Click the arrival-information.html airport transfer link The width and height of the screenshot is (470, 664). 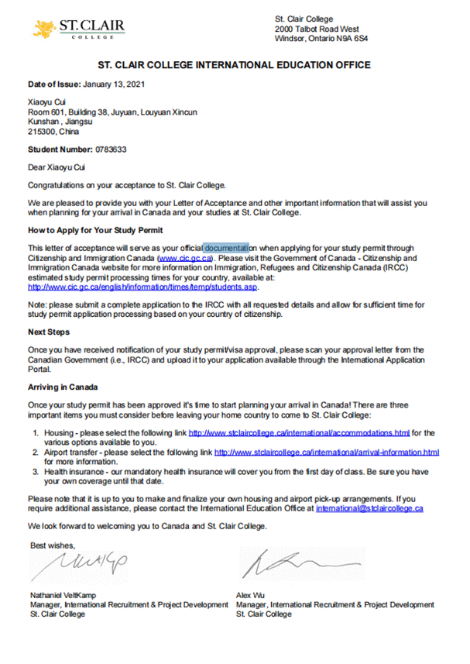(326, 452)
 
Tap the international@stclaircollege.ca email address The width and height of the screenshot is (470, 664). (369, 509)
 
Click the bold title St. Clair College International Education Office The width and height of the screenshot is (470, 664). (235, 64)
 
